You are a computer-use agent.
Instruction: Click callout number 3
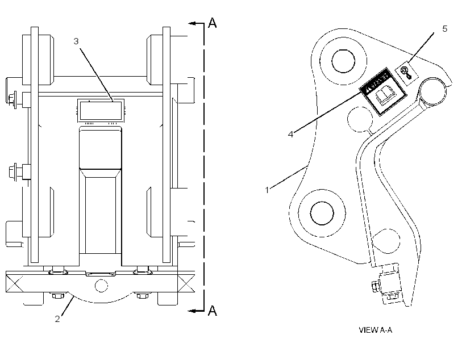(76, 41)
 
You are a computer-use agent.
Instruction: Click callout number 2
(57, 319)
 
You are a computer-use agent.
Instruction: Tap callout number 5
(444, 29)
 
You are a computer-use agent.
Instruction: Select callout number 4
(290, 134)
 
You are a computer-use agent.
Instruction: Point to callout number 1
(267, 190)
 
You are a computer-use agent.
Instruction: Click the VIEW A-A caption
(375, 330)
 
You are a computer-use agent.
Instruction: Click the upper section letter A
(212, 23)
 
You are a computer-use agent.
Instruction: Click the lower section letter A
(212, 311)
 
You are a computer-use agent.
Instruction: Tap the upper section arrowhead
(192, 23)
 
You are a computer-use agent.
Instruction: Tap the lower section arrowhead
(192, 311)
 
